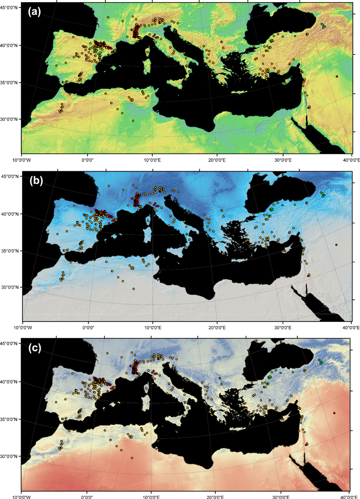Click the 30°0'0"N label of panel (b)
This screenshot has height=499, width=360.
[x=11, y=287]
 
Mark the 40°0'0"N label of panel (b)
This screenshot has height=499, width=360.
[x=11, y=214]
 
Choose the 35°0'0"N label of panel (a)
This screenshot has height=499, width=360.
[x=11, y=83]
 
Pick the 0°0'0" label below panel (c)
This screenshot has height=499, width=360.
[x=87, y=495]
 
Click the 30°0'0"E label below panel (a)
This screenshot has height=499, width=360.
[x=283, y=159]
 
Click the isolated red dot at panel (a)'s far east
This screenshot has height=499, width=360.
[x=337, y=76]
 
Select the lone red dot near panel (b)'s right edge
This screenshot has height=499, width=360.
[x=336, y=245]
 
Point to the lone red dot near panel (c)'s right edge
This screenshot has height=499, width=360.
[x=334, y=413]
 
